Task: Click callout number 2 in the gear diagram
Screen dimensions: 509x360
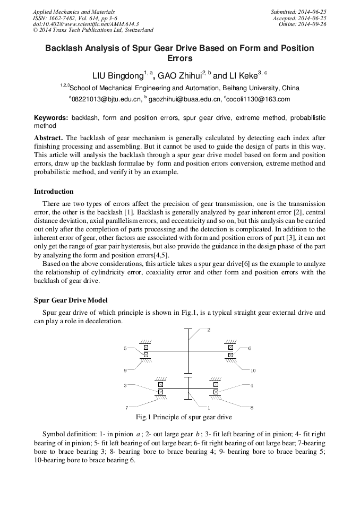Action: point(209,330)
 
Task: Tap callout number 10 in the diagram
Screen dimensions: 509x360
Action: point(253,370)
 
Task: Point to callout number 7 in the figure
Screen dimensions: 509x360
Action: point(126,408)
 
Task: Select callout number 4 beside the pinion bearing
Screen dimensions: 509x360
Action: point(252,385)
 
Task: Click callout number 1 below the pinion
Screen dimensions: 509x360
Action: point(209,408)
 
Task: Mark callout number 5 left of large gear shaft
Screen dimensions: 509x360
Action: point(125,349)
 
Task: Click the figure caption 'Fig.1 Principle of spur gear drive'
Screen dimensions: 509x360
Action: point(184,418)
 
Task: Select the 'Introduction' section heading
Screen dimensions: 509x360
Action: point(54,192)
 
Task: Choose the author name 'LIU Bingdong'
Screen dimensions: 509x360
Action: point(116,75)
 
